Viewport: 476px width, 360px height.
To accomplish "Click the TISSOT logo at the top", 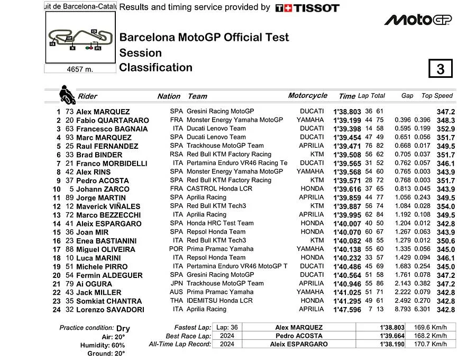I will click(x=307, y=8).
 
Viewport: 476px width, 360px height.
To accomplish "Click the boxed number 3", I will click(x=440, y=69).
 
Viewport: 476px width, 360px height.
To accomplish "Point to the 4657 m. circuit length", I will click(x=80, y=69).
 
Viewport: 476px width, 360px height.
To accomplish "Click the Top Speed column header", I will click(x=437, y=96).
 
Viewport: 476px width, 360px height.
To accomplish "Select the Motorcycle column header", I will click(x=307, y=96).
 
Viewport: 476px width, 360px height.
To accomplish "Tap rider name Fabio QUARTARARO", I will click(x=112, y=120).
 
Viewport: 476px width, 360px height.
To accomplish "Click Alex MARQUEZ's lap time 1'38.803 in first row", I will click(x=346, y=112).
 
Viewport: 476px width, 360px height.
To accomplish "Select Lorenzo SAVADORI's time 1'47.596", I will click(x=346, y=310).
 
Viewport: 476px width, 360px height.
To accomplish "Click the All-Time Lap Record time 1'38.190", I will click(x=391, y=344).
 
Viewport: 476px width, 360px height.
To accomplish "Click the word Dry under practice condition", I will click(x=123, y=328).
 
